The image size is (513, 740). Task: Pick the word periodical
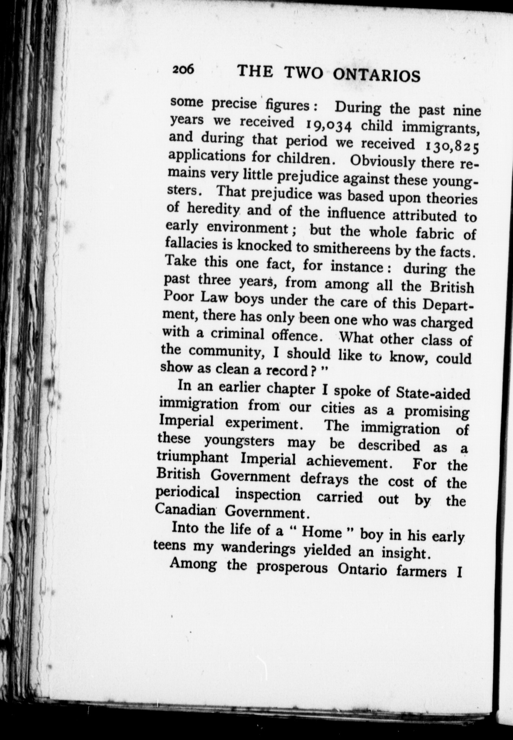[187, 493]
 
